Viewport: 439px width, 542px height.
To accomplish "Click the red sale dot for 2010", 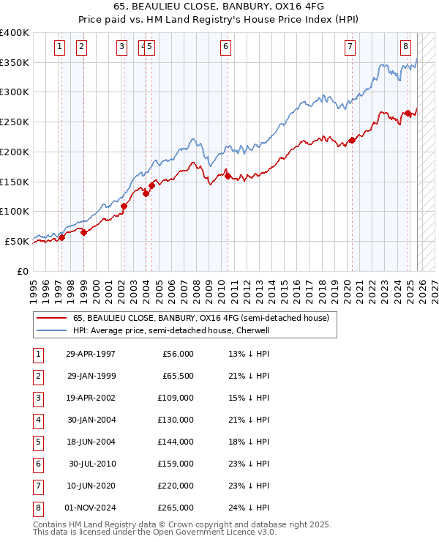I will (228, 176).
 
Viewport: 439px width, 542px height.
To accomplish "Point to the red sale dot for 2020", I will (352, 140).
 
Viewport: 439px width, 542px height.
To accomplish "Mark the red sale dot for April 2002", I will (124, 206).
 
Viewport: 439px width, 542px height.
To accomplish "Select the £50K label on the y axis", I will (18, 241).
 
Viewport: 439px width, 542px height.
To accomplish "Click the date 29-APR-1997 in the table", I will (91, 354).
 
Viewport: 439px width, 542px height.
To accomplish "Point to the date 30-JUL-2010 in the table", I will (91, 464).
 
